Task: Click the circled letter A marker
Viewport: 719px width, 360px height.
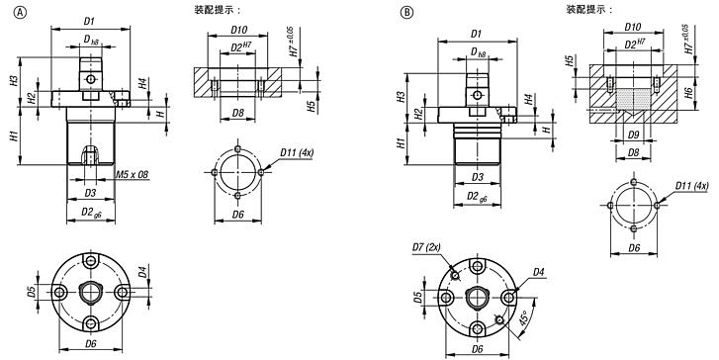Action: click(21, 13)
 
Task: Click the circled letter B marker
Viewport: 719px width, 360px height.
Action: click(406, 13)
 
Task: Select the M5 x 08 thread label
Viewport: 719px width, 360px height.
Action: click(133, 175)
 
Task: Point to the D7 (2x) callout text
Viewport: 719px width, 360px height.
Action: click(426, 247)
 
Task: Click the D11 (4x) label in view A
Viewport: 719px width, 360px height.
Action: click(297, 153)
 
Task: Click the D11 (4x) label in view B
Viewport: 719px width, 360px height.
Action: click(691, 186)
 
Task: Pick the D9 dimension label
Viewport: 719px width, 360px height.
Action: click(633, 135)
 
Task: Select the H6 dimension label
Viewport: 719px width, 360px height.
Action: click(687, 93)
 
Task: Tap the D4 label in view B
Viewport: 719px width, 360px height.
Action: click(538, 272)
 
